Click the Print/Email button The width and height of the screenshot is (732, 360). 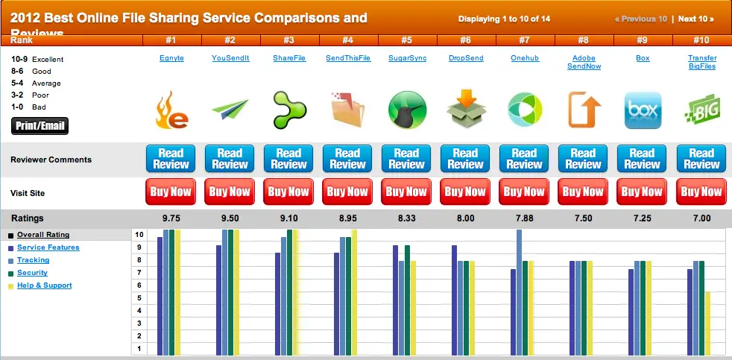pyautogui.click(x=40, y=125)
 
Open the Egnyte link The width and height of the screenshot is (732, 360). pyautogui.click(x=171, y=58)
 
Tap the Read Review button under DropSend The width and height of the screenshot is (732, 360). pyautogui.click(x=465, y=159)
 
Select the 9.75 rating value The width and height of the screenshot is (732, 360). pyautogui.click(x=171, y=218)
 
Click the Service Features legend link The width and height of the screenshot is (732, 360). pyautogui.click(x=48, y=247)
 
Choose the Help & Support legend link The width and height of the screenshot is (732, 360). pyautogui.click(x=44, y=285)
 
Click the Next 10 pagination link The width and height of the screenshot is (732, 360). pyautogui.click(x=695, y=19)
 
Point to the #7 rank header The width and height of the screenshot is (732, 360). pyautogui.click(x=524, y=40)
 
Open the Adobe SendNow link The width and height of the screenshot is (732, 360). pyautogui.click(x=583, y=62)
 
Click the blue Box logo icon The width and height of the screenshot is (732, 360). pyautogui.click(x=642, y=110)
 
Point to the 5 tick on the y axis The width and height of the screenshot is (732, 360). pyautogui.click(x=139, y=297)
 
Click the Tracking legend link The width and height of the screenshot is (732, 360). pyautogui.click(x=33, y=260)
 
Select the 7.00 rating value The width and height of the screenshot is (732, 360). pyautogui.click(x=701, y=218)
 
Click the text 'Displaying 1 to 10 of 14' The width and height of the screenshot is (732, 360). pyautogui.click(x=504, y=19)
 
